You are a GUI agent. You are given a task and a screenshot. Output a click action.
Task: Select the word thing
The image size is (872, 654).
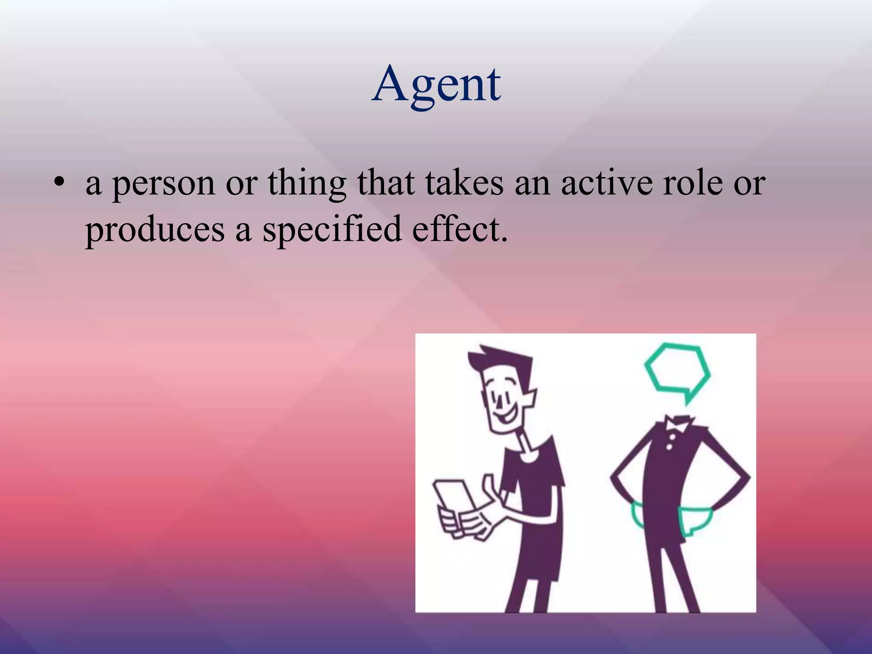point(307,184)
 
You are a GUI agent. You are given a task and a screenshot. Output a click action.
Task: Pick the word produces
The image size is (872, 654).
point(155,230)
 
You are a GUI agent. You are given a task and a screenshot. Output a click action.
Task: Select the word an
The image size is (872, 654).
point(532,184)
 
